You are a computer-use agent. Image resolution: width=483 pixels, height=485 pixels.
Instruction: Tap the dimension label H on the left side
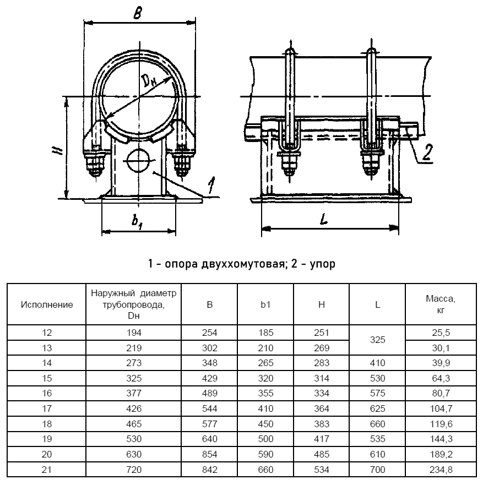pyautogui.click(x=62, y=151)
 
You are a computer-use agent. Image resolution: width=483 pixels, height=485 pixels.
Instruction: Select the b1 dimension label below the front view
pyautogui.click(x=138, y=221)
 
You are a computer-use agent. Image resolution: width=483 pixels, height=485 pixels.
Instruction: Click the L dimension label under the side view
pyautogui.click(x=324, y=219)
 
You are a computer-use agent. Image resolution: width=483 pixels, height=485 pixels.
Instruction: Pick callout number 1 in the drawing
pyautogui.click(x=210, y=186)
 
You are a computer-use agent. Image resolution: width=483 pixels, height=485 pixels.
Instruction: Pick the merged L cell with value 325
pyautogui.click(x=377, y=340)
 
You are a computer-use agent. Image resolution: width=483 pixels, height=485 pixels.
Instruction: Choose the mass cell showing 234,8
pyautogui.click(x=440, y=470)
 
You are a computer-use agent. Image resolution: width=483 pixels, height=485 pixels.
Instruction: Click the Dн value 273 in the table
pyautogui.click(x=134, y=363)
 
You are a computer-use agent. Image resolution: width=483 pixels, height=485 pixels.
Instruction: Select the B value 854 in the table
pyautogui.click(x=210, y=454)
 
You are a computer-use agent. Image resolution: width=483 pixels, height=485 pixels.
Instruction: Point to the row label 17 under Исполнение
pyautogui.click(x=47, y=408)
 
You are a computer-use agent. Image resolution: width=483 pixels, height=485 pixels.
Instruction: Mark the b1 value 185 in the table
pyautogui.click(x=265, y=333)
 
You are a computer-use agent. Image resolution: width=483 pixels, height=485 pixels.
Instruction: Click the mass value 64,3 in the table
pyautogui.click(x=440, y=378)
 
